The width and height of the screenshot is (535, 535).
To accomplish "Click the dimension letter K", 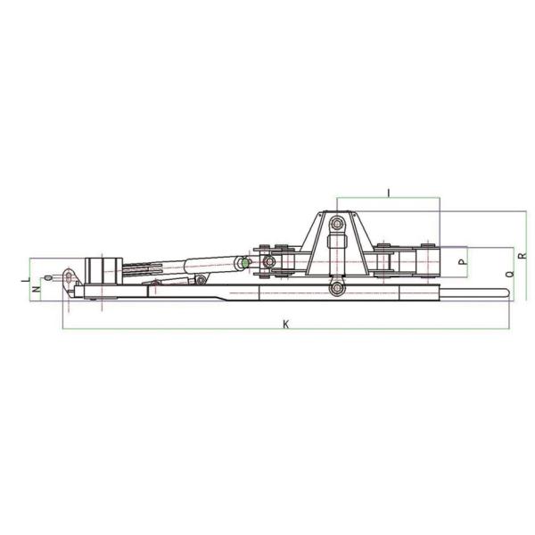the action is (286, 324).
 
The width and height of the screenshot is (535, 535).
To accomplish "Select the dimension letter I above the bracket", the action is (388, 193).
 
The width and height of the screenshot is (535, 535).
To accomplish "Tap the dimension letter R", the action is (523, 255).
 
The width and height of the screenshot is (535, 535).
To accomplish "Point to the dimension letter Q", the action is (510, 274).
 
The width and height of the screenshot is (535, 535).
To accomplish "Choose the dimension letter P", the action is (463, 262).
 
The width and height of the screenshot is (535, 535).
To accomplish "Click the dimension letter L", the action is (26, 279).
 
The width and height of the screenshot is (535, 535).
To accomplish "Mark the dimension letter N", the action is (37, 289).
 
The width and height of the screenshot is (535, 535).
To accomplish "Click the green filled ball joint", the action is (244, 263).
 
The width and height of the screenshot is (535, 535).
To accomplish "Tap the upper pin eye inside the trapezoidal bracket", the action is (337, 224).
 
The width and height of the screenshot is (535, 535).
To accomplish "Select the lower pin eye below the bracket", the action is (337, 289).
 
